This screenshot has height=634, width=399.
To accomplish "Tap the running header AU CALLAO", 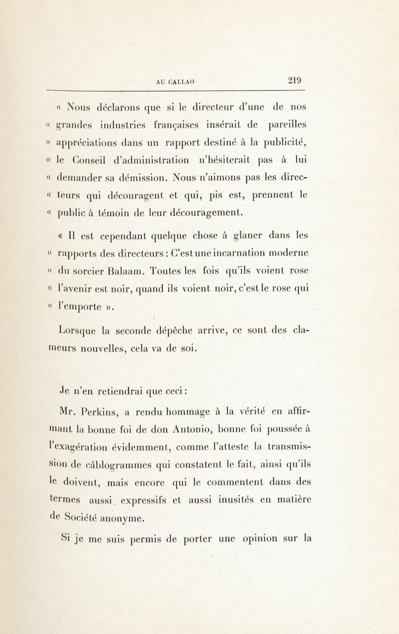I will [175, 82].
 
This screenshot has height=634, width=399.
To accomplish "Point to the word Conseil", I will [89, 160].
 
